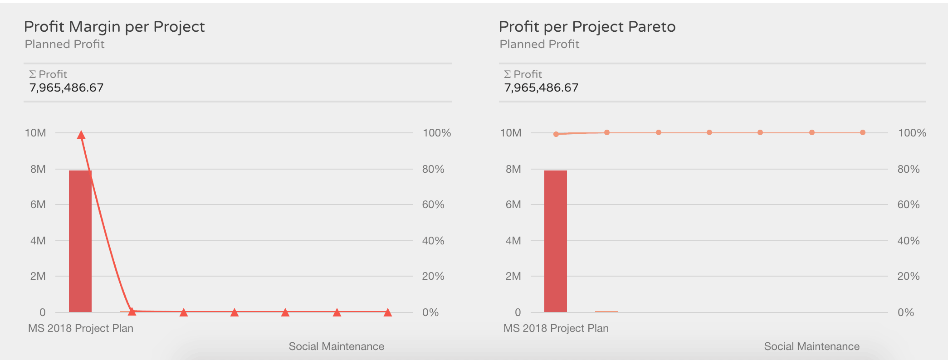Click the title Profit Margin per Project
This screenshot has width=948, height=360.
[x=114, y=27]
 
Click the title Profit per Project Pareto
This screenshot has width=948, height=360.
[x=587, y=27]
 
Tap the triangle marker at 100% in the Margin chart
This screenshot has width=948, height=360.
[x=81, y=135]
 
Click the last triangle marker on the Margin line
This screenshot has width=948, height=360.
[x=387, y=312]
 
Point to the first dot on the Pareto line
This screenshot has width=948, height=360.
[x=556, y=134]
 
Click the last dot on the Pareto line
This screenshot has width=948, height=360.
[x=863, y=132]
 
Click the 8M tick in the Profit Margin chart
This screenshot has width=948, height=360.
[x=38, y=169]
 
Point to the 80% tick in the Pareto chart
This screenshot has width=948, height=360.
[x=909, y=169]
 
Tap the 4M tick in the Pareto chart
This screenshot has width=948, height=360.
[x=513, y=241]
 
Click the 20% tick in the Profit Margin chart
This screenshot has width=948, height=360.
[x=433, y=276]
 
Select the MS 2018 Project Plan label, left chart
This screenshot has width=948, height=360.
[x=81, y=328]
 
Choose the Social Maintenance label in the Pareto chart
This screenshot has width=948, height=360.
[x=811, y=346]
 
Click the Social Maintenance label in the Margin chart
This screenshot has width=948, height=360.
[x=336, y=346]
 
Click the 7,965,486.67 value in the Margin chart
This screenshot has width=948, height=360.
[x=66, y=88]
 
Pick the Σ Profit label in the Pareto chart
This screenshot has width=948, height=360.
[x=523, y=74]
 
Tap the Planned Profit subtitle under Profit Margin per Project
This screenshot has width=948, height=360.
[x=64, y=44]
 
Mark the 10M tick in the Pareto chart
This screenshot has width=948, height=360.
[x=510, y=133]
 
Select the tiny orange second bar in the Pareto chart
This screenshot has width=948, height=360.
[x=606, y=311]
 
